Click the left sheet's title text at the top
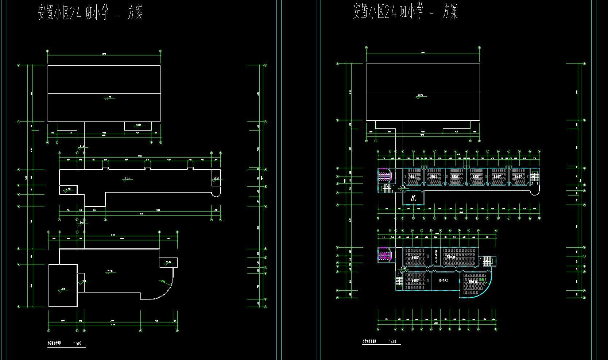(x=90, y=13)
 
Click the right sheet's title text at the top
(x=405, y=11)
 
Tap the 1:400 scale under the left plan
(x=78, y=343)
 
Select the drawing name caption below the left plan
(x=55, y=343)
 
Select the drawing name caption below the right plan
(x=369, y=342)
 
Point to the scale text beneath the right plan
(x=393, y=342)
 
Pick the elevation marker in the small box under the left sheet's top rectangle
(x=138, y=126)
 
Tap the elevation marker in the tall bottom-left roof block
(x=62, y=290)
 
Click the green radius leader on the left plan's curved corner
(x=163, y=280)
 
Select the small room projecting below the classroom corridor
(x=413, y=198)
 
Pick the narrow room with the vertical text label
(x=436, y=256)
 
